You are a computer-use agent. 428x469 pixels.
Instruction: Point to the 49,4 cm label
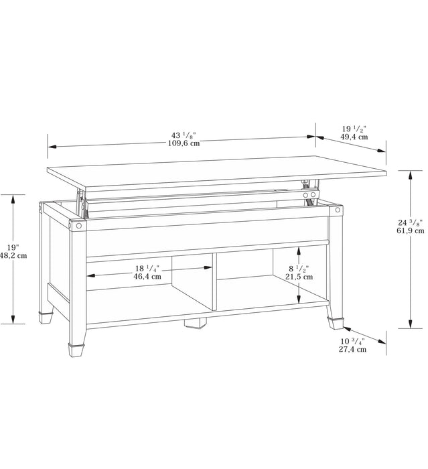pos(354,137)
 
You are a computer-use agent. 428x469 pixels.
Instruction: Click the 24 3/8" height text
pos(410,222)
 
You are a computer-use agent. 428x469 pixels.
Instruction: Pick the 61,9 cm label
pos(410,231)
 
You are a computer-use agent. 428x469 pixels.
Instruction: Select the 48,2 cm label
pos(13,255)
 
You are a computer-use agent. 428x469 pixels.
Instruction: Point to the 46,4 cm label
pos(147,275)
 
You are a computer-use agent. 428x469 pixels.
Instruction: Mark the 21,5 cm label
pos(299,276)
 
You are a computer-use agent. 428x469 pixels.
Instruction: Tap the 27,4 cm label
pos(352,349)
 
